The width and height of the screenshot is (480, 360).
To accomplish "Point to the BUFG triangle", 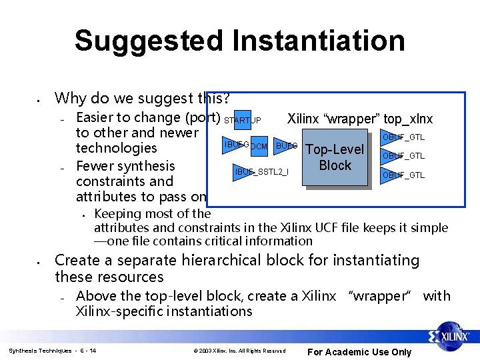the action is pyautogui.click(x=285, y=145).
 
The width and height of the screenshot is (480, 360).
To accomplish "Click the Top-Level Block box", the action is pyautogui.click(x=335, y=157).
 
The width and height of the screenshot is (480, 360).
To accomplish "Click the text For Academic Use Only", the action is pyautogui.click(x=359, y=352).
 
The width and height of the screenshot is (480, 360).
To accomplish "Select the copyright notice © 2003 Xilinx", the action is pyautogui.click(x=239, y=351).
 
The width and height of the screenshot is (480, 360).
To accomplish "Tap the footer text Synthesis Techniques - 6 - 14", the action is pyautogui.click(x=52, y=351).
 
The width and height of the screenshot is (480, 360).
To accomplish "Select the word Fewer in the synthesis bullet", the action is pyautogui.click(x=96, y=166).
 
